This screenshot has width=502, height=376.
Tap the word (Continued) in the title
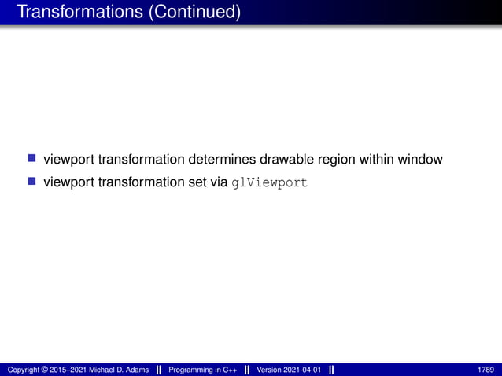197,12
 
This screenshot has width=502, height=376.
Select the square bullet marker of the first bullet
32,159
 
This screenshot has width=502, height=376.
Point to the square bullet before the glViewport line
32,182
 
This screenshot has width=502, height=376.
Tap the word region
339,160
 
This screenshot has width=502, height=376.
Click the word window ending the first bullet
423,160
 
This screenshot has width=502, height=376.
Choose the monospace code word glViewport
270,183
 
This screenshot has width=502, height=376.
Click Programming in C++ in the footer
203,370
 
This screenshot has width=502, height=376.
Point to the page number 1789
485,370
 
